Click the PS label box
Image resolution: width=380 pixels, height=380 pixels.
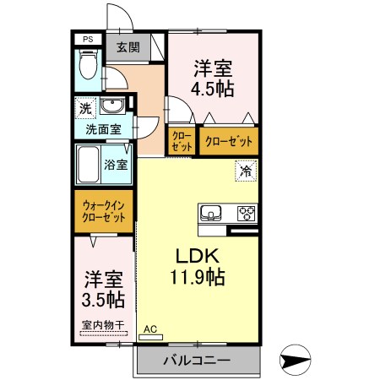[x=86, y=39]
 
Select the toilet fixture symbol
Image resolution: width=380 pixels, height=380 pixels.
[x=87, y=68]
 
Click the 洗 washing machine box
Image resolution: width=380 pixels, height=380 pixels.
[x=84, y=107]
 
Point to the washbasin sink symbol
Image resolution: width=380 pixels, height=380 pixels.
[x=112, y=106]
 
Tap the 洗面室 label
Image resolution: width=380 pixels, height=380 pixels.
[x=103, y=129]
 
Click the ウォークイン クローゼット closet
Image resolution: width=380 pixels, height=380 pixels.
[x=104, y=210]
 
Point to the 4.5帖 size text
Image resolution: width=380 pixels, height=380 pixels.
[x=212, y=86]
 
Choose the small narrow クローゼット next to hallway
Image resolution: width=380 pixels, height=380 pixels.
[x=182, y=141]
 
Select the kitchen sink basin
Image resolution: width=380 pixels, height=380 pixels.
[x=212, y=211]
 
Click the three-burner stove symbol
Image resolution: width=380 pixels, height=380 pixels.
[x=247, y=211]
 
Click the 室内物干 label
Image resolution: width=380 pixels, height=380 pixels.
[x=102, y=324]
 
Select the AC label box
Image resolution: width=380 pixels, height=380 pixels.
[x=150, y=330]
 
